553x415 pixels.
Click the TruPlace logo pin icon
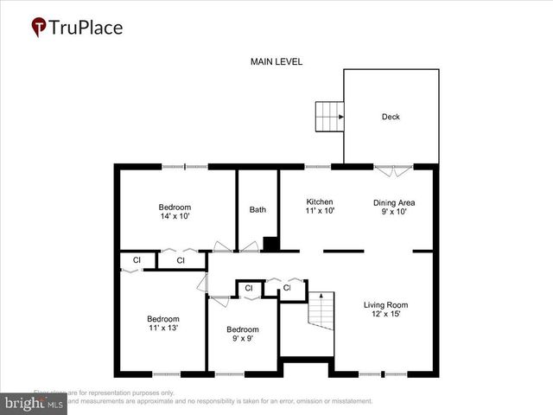(39, 27)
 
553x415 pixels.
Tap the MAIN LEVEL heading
(276, 62)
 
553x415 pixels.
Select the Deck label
(391, 117)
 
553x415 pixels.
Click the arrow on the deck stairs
(340, 116)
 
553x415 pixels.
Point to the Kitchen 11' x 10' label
(320, 206)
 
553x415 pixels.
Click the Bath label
(257, 209)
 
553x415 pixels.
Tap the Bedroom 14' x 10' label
(175, 212)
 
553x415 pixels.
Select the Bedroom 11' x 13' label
(162, 323)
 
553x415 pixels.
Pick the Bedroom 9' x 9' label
(243, 334)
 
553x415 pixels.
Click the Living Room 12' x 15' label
(385, 310)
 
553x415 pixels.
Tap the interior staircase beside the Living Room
(321, 310)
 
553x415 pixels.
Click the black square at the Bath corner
(270, 244)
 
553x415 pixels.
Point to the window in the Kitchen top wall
(317, 166)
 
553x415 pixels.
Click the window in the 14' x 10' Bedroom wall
(185, 166)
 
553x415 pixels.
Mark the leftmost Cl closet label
(137, 260)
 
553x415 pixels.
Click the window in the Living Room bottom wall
(383, 374)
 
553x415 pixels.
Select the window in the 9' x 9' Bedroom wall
(229, 374)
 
